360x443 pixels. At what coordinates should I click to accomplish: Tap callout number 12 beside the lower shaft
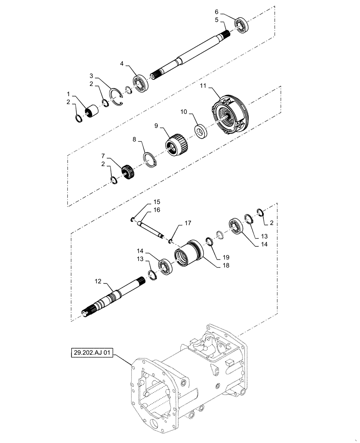97,281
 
